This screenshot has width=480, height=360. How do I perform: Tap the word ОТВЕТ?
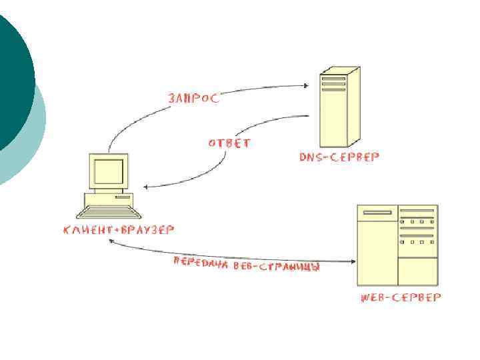pos(229,143)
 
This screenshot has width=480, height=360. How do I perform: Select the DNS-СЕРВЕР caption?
pos(339,157)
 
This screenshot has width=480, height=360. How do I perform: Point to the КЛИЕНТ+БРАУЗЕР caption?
pos(119,230)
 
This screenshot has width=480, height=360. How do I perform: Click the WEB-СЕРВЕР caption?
pos(400,297)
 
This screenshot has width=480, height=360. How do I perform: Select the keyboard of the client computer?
pos(109,213)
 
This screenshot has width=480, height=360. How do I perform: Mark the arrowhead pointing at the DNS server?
pos(307,85)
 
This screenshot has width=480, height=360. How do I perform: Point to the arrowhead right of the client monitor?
pos(149,187)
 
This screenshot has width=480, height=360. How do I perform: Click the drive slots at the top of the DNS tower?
pos(334,83)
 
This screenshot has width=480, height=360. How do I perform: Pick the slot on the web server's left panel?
pos(377,212)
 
